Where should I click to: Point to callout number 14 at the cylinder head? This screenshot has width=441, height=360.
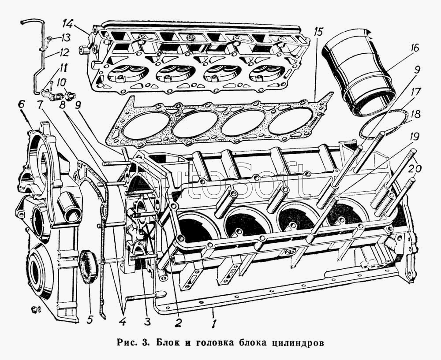(68, 22)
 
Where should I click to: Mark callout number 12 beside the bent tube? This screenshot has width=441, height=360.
(65, 52)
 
